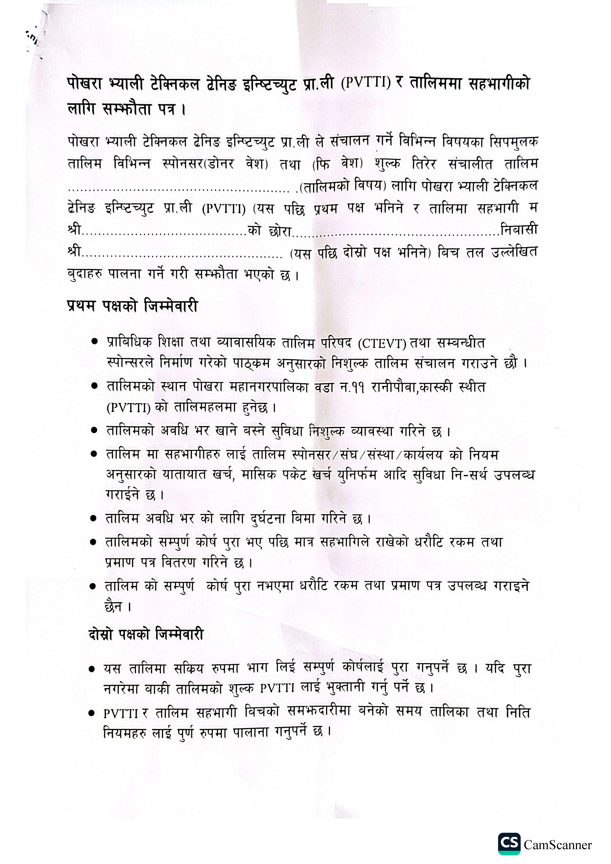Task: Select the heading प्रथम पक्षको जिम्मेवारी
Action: (x=133, y=306)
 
